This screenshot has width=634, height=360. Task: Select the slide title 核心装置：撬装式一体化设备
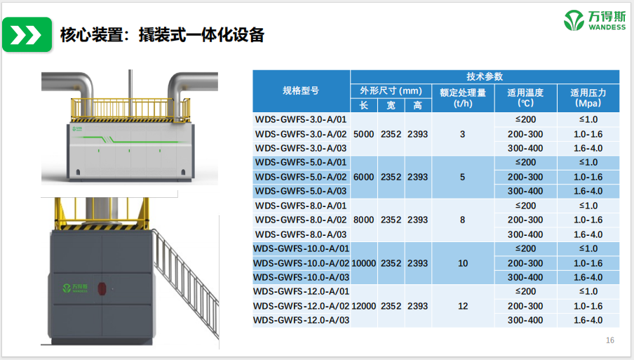coord(162,34)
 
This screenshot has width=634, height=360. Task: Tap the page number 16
coord(609,340)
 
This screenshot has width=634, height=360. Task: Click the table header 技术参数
coord(485,76)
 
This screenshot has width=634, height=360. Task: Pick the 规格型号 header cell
coord(301,91)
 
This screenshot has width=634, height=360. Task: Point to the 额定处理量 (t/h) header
coord(462,98)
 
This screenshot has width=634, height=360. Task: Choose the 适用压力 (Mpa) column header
coord(588,98)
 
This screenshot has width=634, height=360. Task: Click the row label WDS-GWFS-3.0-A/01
coord(301,119)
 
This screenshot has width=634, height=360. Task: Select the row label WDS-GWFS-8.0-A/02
coord(301,220)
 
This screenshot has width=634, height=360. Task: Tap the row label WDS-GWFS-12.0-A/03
coord(301,320)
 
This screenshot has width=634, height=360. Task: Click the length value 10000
coord(363,263)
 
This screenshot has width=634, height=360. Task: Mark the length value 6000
coord(363,177)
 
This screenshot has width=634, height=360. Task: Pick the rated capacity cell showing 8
coord(462,220)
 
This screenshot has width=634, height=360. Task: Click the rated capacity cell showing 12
coord(462,306)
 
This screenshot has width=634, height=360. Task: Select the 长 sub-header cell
coord(364,105)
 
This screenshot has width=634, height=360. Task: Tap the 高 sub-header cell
coord(417,105)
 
